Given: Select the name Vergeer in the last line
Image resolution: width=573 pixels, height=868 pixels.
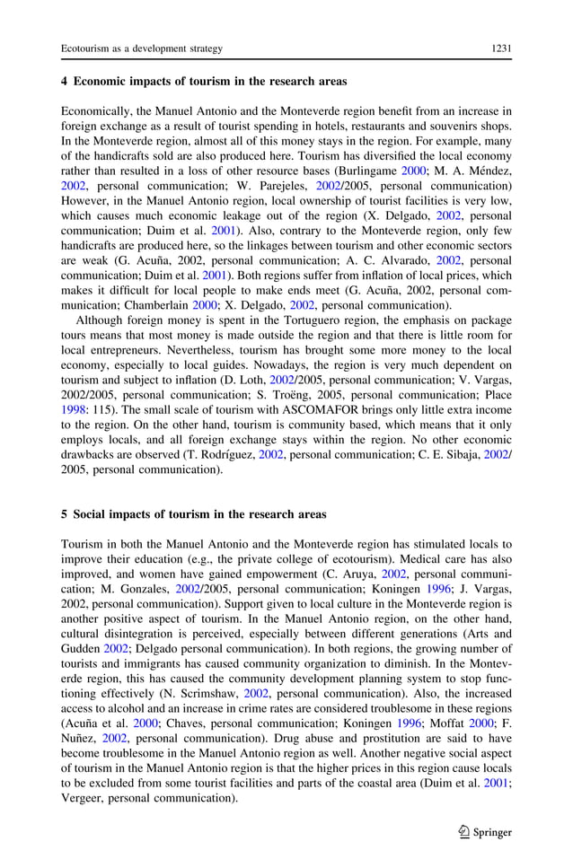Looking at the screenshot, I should point(85,798).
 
